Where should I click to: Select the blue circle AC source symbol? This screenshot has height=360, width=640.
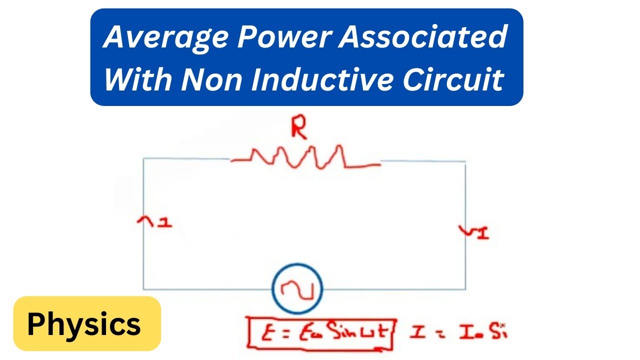[x=297, y=288]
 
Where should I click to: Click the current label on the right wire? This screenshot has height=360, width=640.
[x=473, y=232]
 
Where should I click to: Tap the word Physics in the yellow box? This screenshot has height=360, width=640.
[x=84, y=324]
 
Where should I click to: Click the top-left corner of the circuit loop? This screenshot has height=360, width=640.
[x=144, y=158]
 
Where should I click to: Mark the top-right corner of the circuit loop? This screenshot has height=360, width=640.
[x=465, y=162]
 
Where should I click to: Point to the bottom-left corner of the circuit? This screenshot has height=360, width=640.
[x=144, y=288]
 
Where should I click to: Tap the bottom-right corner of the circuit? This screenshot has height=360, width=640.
[x=465, y=289]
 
